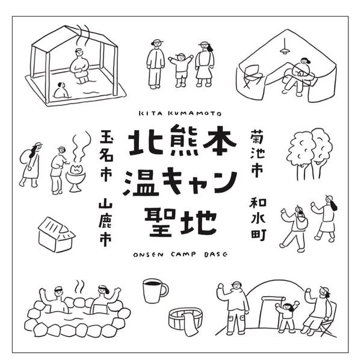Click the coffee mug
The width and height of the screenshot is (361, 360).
click(x=153, y=291)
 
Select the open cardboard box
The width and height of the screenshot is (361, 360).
click(x=56, y=234)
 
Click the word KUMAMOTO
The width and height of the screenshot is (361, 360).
click(x=195, y=113)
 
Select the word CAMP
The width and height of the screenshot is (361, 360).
click(x=184, y=254)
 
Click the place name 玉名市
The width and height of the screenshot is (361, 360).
click(x=106, y=156)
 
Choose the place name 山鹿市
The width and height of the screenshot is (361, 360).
click(x=105, y=224)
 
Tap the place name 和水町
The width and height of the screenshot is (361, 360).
click(x=258, y=219)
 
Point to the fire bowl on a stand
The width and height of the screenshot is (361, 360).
click(x=76, y=178)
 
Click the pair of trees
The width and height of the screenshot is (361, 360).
click(x=309, y=154)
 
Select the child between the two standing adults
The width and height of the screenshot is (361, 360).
click(x=180, y=70)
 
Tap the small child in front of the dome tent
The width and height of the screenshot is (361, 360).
click(x=286, y=316)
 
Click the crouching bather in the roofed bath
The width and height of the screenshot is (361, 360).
click(x=61, y=90)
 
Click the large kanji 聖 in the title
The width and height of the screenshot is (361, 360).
click(x=160, y=222)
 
